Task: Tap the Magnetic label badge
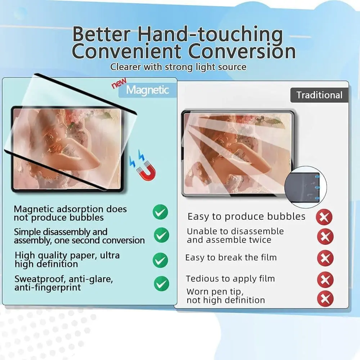click(x=148, y=90)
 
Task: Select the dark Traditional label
click(x=319, y=95)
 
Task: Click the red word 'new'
click(x=119, y=83)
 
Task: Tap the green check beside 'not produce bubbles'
click(x=160, y=212)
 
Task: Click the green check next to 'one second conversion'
click(x=161, y=235)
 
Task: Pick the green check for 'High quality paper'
click(x=160, y=260)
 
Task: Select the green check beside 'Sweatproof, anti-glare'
click(x=161, y=284)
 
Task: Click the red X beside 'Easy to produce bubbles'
click(x=324, y=217)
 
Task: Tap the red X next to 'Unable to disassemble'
click(x=325, y=237)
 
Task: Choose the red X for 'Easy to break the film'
click(x=325, y=258)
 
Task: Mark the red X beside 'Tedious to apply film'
click(x=325, y=279)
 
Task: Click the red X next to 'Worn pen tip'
click(x=325, y=298)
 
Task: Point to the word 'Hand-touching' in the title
click(x=210, y=35)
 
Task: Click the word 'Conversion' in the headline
click(x=242, y=51)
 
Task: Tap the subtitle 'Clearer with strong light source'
click(x=178, y=67)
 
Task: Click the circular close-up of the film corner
click(x=305, y=187)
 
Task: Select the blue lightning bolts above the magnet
click(x=137, y=158)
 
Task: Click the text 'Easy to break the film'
click(x=231, y=258)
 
